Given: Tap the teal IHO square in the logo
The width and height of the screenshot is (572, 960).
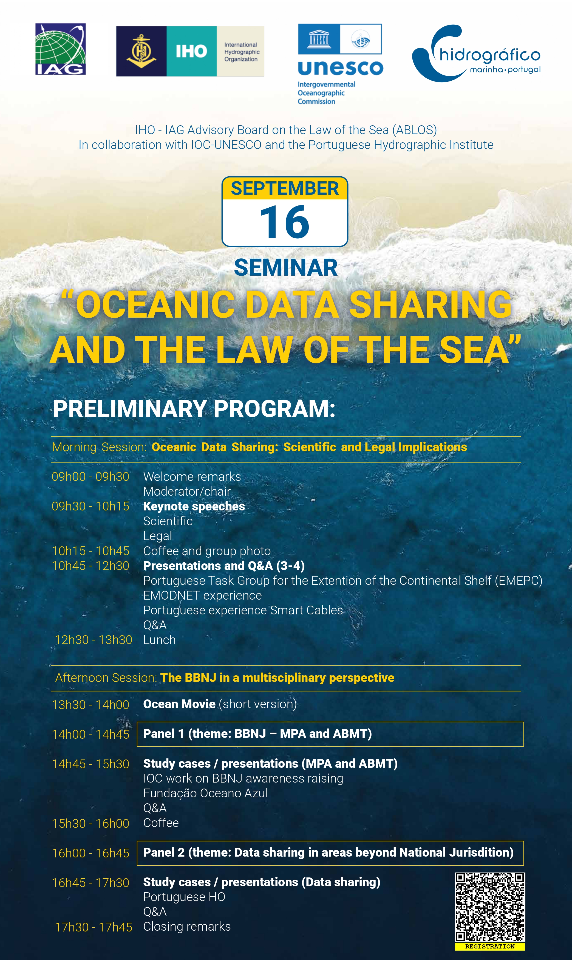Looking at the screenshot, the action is click(x=192, y=51).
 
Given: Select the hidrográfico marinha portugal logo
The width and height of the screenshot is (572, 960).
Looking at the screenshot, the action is click(x=476, y=53).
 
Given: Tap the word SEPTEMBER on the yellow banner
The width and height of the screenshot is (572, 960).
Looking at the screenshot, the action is click(x=285, y=188).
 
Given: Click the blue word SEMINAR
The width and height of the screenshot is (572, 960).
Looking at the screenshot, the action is click(x=286, y=268).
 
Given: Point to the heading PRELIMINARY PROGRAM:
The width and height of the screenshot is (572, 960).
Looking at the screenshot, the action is click(x=194, y=409).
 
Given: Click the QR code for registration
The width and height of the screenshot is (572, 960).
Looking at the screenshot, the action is click(x=490, y=908).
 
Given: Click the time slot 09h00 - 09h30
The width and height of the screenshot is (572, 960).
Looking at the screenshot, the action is click(x=90, y=476).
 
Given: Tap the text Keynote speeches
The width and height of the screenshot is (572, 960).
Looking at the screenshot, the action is click(x=194, y=506).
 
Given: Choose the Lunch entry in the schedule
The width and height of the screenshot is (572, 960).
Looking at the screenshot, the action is click(x=160, y=640).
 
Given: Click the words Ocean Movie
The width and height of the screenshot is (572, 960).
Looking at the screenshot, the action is click(x=179, y=704).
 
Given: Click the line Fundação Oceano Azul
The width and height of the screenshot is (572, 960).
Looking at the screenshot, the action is click(x=205, y=793).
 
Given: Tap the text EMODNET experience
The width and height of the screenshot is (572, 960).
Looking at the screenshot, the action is click(x=202, y=596).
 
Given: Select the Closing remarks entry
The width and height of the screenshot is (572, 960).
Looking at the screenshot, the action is click(x=187, y=927).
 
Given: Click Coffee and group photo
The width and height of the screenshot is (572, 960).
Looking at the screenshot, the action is click(x=207, y=551).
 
